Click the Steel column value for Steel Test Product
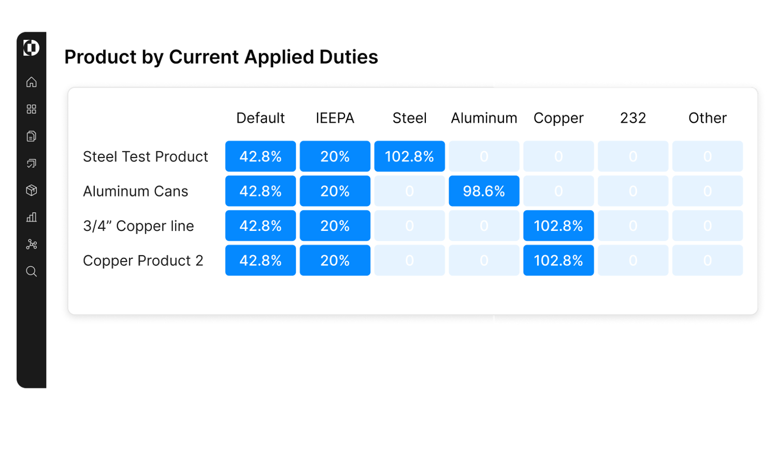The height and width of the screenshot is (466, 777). click(x=409, y=156)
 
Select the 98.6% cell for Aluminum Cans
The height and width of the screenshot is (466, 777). click(x=484, y=191)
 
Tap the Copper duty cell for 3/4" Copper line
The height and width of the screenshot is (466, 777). click(x=558, y=226)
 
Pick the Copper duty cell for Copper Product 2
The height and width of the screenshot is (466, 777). click(x=558, y=260)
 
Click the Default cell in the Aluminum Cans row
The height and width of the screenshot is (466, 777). click(x=260, y=191)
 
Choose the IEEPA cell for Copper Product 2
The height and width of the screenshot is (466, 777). click(x=335, y=260)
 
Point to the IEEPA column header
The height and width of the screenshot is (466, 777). click(x=335, y=118)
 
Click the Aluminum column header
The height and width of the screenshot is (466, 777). click(x=484, y=118)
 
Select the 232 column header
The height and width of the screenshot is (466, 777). click(x=633, y=118)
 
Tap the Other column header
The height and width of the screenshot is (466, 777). click(x=707, y=118)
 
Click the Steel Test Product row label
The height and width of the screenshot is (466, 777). click(x=145, y=156)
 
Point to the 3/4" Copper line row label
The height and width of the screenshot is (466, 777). click(x=138, y=226)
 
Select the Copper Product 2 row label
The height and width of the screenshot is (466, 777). click(x=143, y=260)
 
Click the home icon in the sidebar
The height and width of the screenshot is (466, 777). click(x=32, y=82)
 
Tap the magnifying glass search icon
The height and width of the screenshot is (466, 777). click(x=32, y=271)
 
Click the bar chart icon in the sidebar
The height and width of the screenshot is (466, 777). click(x=32, y=217)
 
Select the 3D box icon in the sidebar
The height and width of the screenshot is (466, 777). click(x=32, y=191)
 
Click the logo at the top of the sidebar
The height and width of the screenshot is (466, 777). click(x=31, y=48)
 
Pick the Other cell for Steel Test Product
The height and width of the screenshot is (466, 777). click(x=707, y=156)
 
